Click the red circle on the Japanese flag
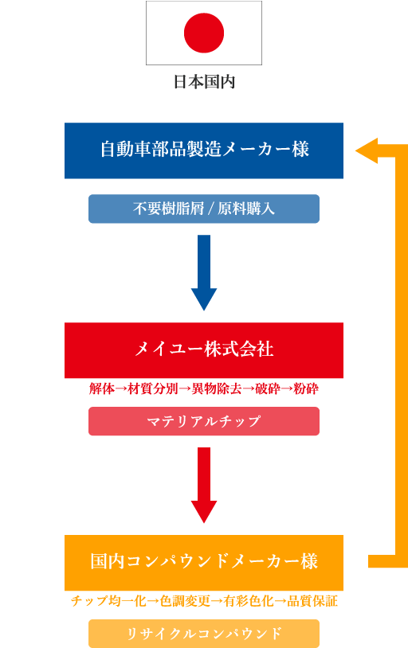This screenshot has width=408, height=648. click(x=204, y=33)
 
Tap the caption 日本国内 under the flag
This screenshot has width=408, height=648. click(x=204, y=82)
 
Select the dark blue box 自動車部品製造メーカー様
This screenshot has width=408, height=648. click(x=204, y=150)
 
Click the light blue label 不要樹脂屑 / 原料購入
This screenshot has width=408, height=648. click(x=204, y=209)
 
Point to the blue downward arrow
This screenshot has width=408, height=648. click(x=204, y=273)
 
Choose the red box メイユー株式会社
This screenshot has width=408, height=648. click(x=204, y=350)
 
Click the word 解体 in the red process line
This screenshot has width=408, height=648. click(x=102, y=388)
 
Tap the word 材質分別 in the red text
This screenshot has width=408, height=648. click(x=153, y=388)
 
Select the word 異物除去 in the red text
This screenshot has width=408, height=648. click(x=217, y=388)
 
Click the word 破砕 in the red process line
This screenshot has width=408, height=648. click(x=268, y=388)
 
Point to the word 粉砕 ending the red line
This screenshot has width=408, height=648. click(x=306, y=388)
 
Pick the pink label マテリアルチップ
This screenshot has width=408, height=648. click(x=204, y=421)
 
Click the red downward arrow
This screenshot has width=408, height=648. click(x=204, y=485)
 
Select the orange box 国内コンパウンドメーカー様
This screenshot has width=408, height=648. click(x=204, y=563)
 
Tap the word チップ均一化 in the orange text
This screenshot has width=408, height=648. click(x=108, y=601)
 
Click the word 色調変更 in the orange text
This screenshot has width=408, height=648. click(x=185, y=601)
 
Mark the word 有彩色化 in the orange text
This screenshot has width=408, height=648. click(x=249, y=601)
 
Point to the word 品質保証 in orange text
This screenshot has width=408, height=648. click(x=312, y=601)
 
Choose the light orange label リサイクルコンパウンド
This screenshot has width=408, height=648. click(x=204, y=634)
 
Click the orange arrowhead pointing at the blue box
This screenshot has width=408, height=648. click(x=367, y=150)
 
